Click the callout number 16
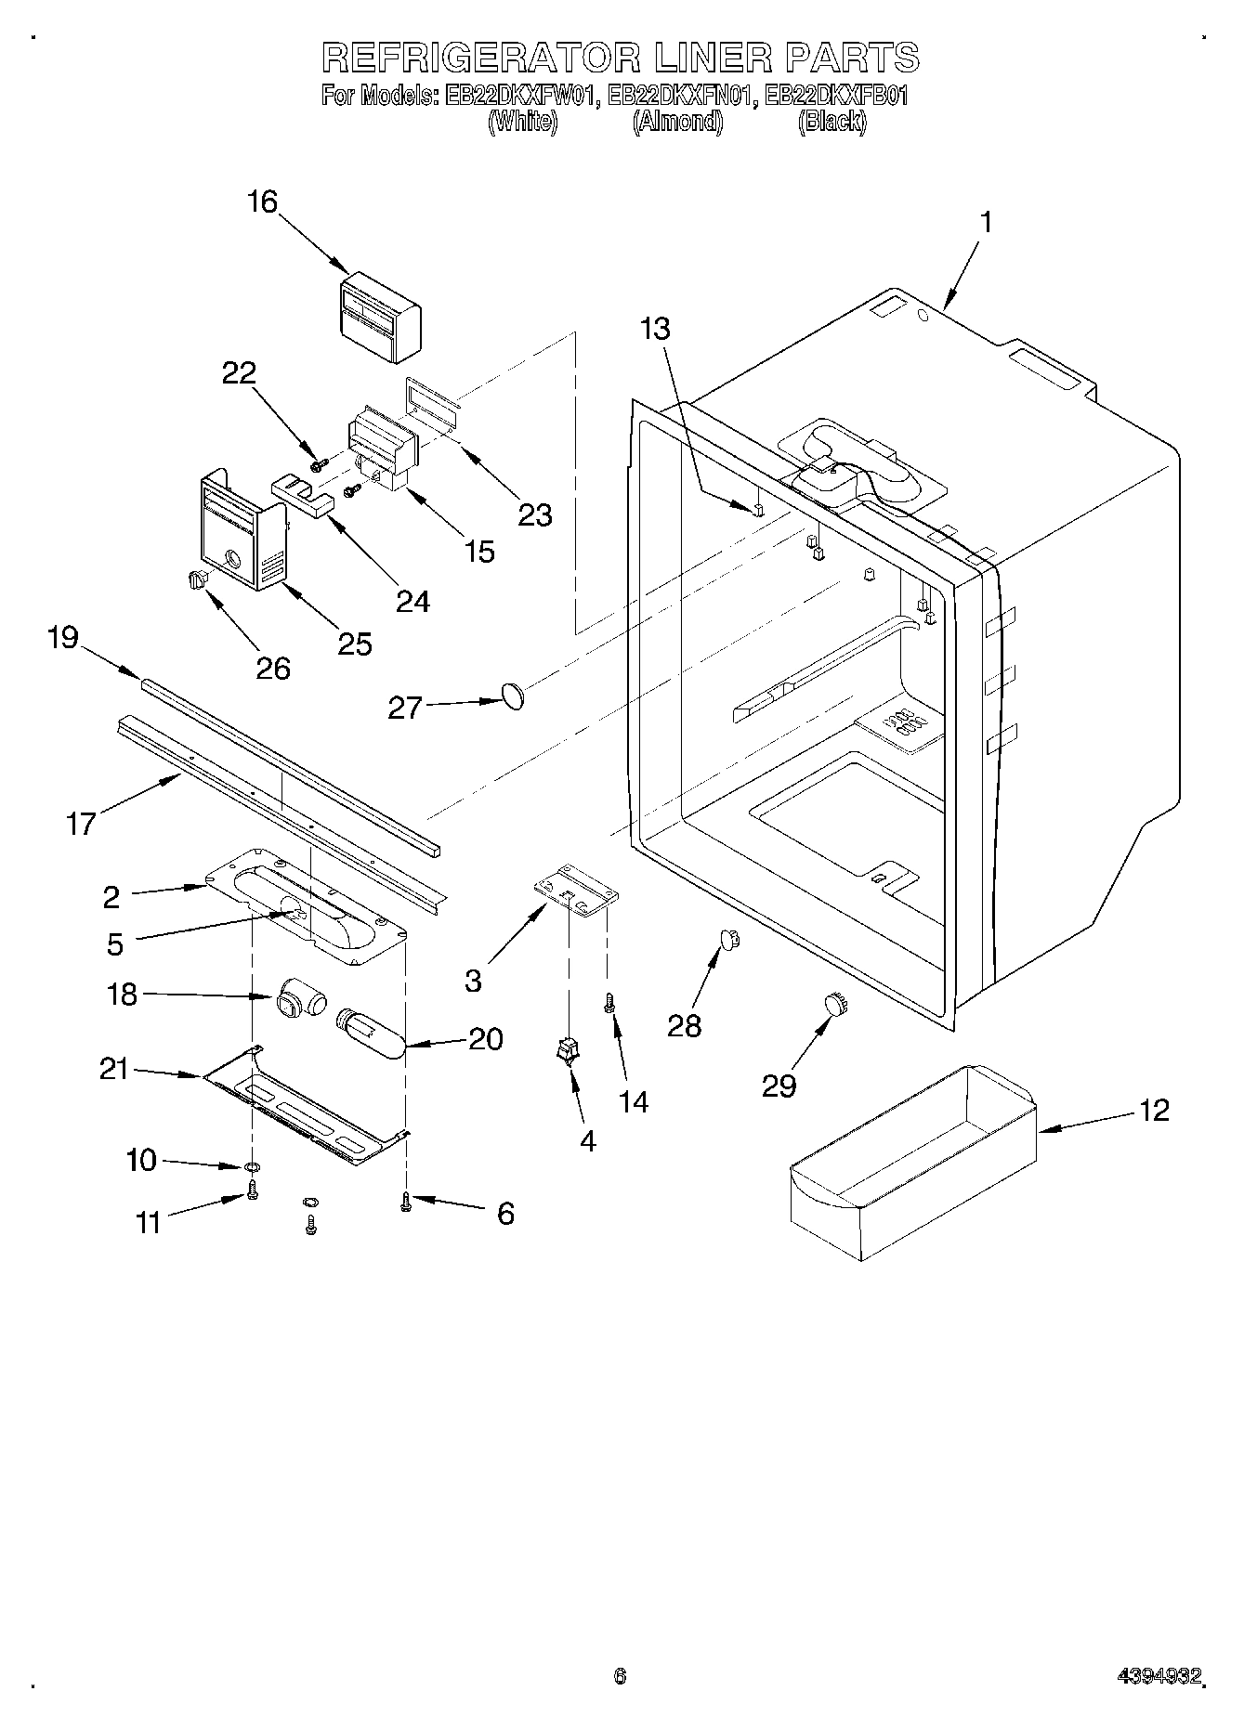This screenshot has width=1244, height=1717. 263,202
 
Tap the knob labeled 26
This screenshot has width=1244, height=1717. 196,579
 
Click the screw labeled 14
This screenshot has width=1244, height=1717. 610,1002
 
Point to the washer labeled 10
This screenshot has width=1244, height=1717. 252,1166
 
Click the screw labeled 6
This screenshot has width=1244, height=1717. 406,1202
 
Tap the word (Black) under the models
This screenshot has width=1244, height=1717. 832,122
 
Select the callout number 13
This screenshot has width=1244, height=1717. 655,328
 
